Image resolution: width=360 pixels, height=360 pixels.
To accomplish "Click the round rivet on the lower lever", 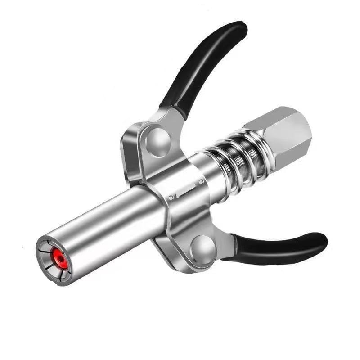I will tap(202, 248).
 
